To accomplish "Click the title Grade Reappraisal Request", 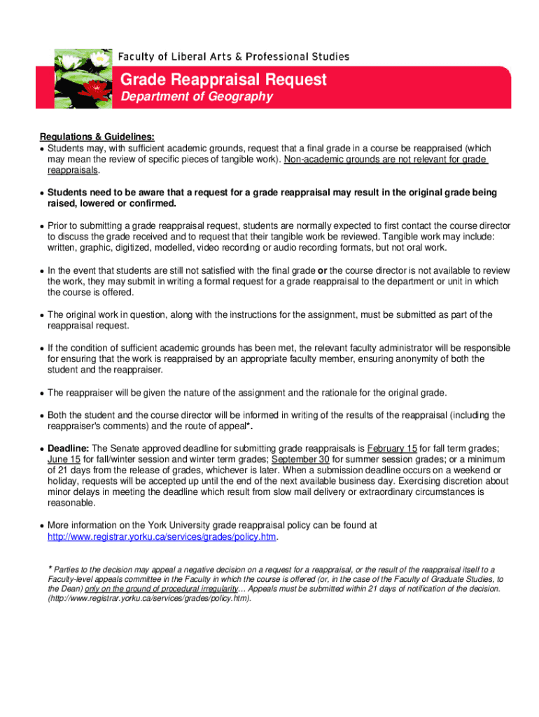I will (223, 80).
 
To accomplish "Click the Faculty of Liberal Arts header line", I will (233, 57).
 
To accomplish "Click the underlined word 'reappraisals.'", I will (73, 170).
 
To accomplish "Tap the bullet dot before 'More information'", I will (41, 525).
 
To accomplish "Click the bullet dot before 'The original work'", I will (41, 315).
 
